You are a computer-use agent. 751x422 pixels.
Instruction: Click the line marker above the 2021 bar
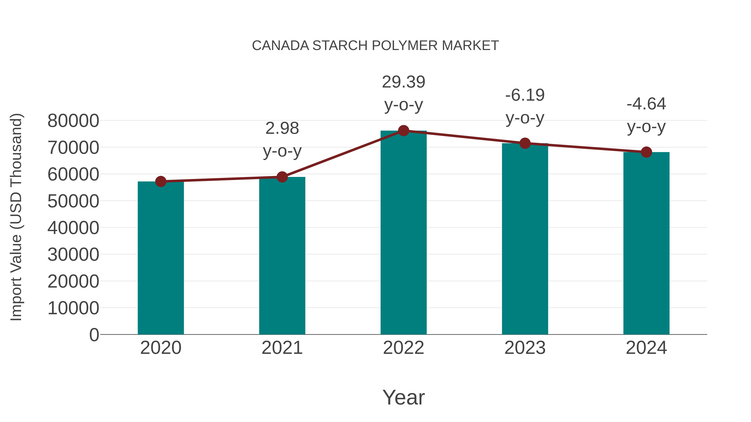tap(282, 177)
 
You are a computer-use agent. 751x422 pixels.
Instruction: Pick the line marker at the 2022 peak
tap(403, 131)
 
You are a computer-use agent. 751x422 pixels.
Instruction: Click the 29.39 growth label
tap(403, 82)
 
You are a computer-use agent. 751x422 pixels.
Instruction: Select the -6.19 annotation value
tap(525, 95)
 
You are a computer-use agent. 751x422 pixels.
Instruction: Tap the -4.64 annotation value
tap(646, 104)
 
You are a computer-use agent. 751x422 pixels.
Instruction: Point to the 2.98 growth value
tap(282, 128)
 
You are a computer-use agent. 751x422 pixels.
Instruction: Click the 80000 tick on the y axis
tap(73, 121)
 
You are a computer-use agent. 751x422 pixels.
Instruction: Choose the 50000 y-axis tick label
tap(73, 201)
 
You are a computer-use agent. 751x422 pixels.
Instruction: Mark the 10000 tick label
tap(73, 308)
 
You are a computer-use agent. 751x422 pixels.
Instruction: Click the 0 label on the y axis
tap(94, 335)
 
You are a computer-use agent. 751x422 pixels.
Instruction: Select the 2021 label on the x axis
tap(282, 348)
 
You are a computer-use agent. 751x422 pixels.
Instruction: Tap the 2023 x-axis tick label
tap(525, 348)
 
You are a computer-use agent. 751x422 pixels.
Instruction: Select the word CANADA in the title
tap(280, 46)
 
